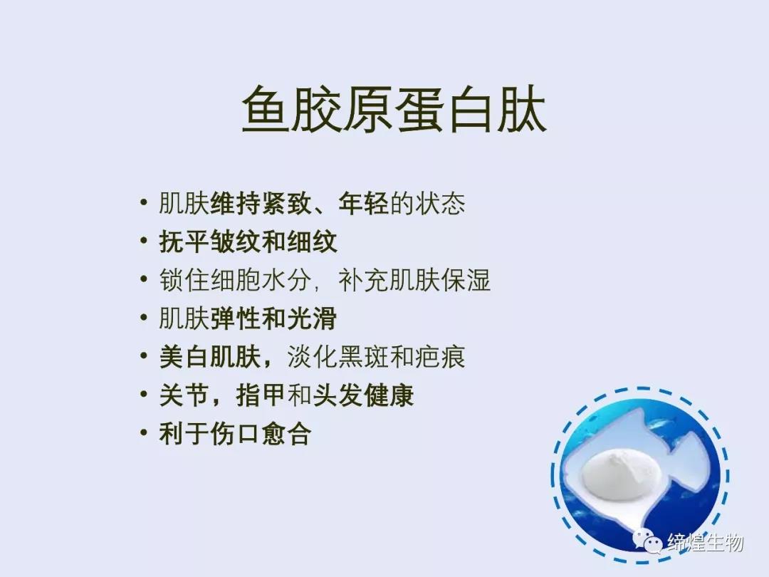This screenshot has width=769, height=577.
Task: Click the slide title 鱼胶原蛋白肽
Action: click(394, 109)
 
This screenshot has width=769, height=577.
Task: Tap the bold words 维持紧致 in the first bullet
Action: click(261, 203)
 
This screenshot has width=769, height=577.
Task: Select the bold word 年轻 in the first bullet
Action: click(363, 203)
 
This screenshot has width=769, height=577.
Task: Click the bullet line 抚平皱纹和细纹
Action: click(249, 241)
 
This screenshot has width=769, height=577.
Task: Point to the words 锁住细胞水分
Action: click(235, 280)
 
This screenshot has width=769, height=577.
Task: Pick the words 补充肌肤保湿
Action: click(414, 280)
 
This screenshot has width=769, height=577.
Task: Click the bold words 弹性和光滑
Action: click(273, 318)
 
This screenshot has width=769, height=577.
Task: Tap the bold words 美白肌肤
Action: click(210, 357)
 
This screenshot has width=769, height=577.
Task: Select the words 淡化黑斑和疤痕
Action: click(376, 357)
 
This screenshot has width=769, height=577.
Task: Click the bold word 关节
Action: click(184, 395)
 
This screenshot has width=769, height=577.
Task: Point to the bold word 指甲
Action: click(261, 395)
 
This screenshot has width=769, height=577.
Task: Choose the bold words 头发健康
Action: click(363, 395)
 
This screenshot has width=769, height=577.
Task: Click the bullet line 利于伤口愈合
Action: click(236, 433)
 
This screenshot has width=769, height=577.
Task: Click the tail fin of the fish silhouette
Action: click(691, 459)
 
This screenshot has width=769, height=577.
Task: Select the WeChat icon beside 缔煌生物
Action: click(647, 541)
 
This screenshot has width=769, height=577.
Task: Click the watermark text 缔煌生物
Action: click(705, 542)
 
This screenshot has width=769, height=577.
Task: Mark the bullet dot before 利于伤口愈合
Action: click(143, 433)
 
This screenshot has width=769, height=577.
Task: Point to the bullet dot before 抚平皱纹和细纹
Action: click(143, 241)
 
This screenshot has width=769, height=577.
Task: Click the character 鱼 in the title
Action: click(266, 109)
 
